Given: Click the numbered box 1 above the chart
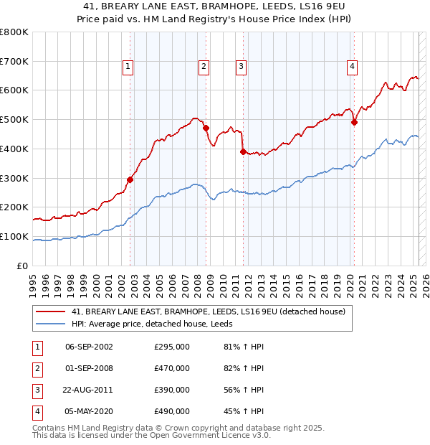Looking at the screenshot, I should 128,67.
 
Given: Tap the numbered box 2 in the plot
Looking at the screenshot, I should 204,67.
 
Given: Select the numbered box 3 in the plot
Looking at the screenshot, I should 241,67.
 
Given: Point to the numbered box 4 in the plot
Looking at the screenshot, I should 353,67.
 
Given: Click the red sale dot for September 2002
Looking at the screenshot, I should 130,179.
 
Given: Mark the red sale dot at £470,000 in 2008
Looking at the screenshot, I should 206,128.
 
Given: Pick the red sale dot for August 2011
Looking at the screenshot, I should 244,151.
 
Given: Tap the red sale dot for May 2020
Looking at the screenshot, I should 354,122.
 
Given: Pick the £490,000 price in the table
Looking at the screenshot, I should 172,411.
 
